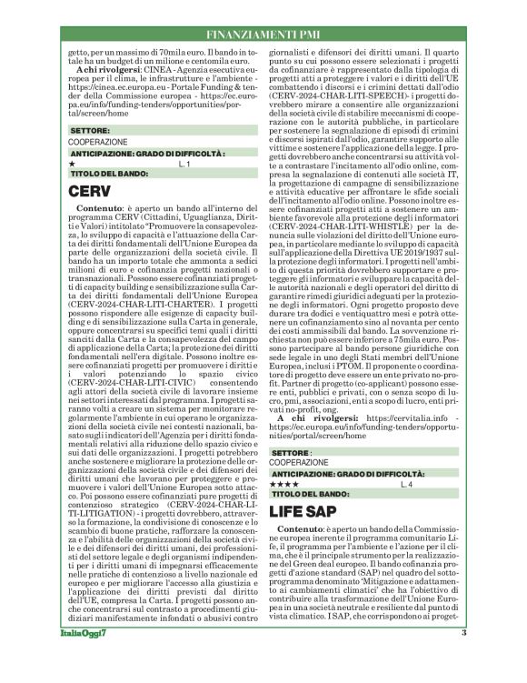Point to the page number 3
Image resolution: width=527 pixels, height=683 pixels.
[463, 658]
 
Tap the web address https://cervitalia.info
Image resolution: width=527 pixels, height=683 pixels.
[396, 418]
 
